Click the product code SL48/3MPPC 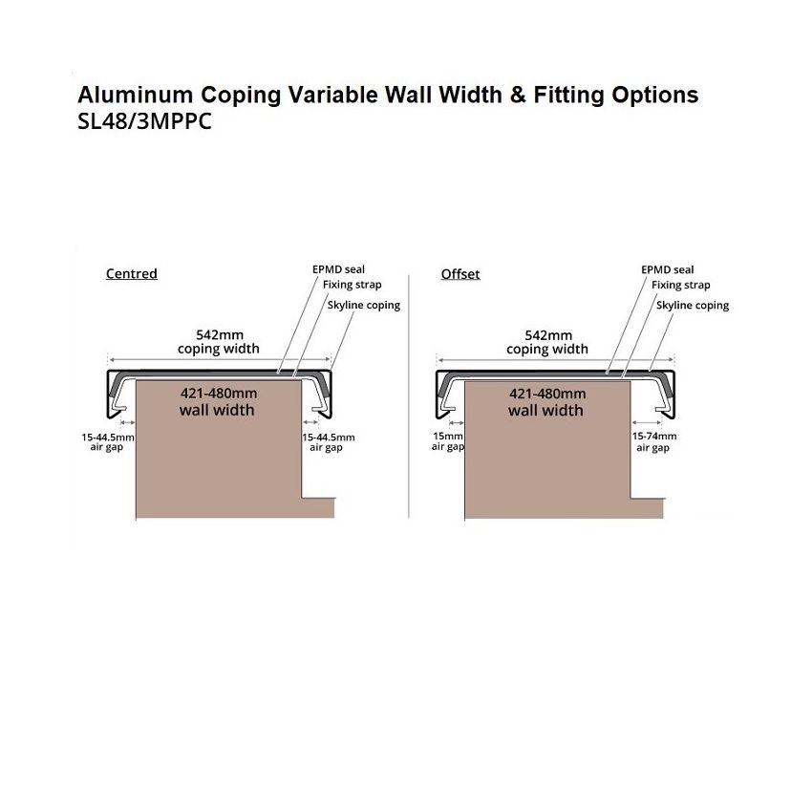(144, 121)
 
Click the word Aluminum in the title (135, 95)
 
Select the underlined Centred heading (132, 273)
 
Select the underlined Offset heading (460, 274)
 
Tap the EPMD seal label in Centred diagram (338, 269)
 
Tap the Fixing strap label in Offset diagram (680, 285)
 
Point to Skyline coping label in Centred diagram (364, 305)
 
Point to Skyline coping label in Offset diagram (693, 306)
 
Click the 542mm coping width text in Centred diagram (219, 342)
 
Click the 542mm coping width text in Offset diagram (547, 342)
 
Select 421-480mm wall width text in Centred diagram (218, 402)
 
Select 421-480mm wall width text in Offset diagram (546, 402)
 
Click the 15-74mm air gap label (654, 441)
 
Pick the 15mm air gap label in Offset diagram (448, 441)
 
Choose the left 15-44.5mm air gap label (108, 441)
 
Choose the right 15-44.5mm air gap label (329, 442)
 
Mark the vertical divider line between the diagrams (409, 396)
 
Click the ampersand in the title (518, 95)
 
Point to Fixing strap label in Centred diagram (352, 285)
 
